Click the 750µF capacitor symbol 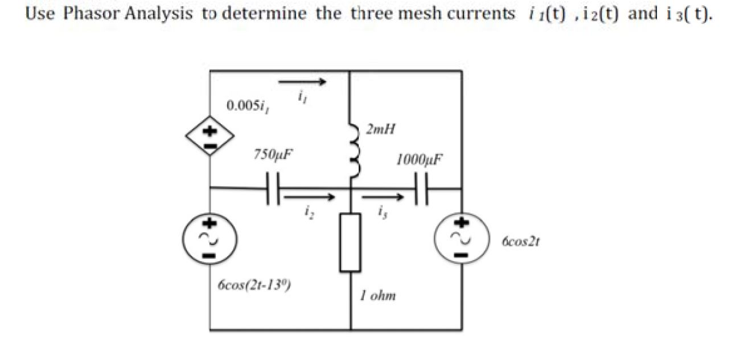(272, 189)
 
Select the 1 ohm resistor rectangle (351, 242)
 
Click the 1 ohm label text (377, 296)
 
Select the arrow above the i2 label (309, 197)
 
